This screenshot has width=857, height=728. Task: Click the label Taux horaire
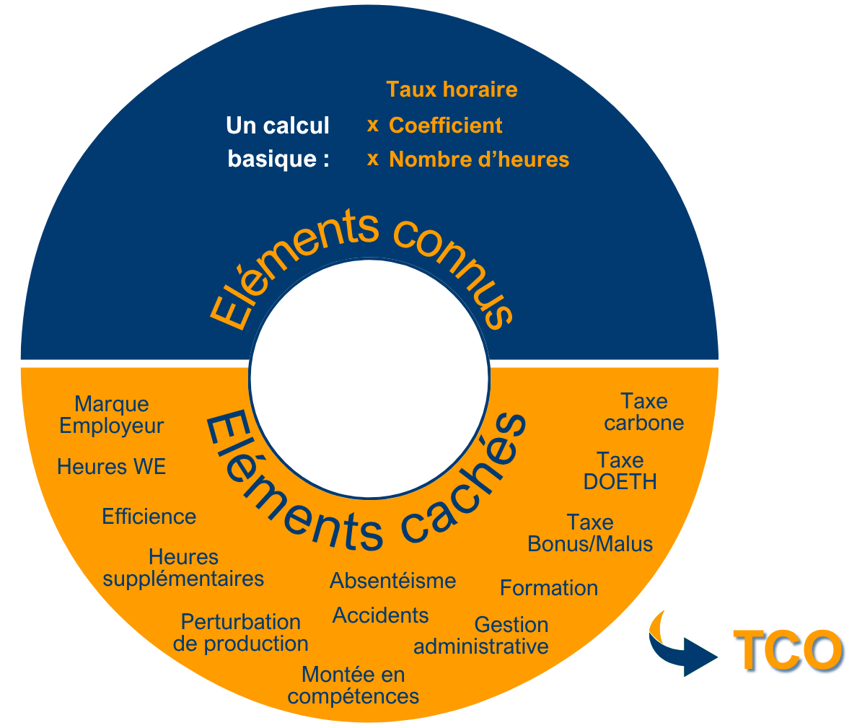(452, 89)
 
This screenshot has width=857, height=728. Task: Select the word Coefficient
(445, 126)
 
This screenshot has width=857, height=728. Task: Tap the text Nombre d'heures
(479, 159)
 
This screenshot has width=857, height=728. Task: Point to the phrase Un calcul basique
(278, 142)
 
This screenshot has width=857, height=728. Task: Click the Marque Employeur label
(112, 415)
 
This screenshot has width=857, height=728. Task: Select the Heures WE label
(112, 467)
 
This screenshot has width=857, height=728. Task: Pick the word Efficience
(149, 517)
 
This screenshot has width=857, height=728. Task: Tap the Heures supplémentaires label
(183, 568)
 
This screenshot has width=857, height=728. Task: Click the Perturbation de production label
(241, 633)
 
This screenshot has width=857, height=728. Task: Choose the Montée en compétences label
(353, 685)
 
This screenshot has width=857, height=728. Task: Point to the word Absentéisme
(393, 581)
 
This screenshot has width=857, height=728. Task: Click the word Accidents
(381, 615)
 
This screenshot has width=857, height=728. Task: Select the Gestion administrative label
(481, 636)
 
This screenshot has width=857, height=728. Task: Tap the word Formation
(549, 588)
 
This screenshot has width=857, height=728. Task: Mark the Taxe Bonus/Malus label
(590, 533)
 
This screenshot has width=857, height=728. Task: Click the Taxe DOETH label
(620, 471)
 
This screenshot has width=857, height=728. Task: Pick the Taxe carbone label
(644, 412)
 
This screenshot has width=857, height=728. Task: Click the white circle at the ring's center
(369, 379)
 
